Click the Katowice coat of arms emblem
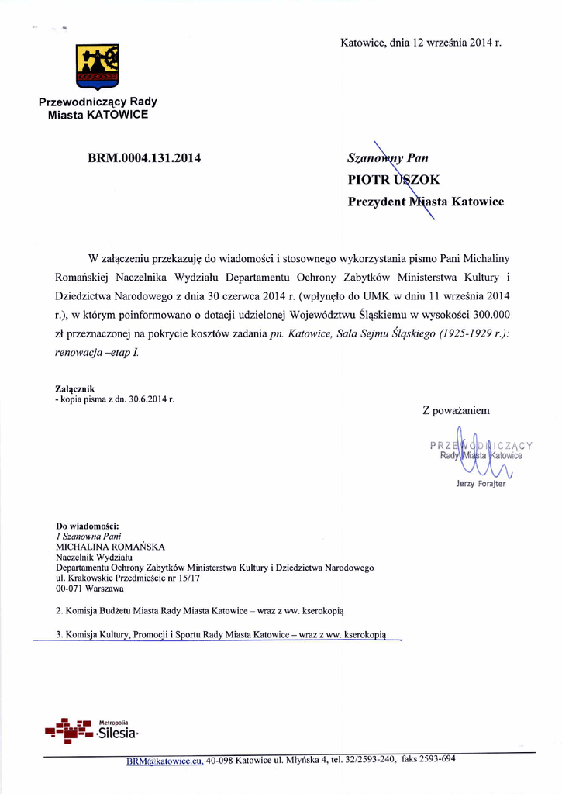[x=98, y=67]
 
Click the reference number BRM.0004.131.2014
[x=145, y=158]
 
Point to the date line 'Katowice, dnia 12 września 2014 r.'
[x=421, y=42]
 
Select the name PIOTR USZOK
[x=394, y=180]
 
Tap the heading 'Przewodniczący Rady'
[x=98, y=102]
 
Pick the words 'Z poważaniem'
[x=456, y=410]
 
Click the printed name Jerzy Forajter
[x=481, y=484]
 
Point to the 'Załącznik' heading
[x=75, y=388]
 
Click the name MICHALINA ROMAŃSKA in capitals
[x=110, y=546]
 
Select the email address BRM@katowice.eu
[x=164, y=762]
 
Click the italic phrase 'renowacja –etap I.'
[x=97, y=353]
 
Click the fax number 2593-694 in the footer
[x=437, y=759]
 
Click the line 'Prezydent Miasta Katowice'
[x=426, y=202]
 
